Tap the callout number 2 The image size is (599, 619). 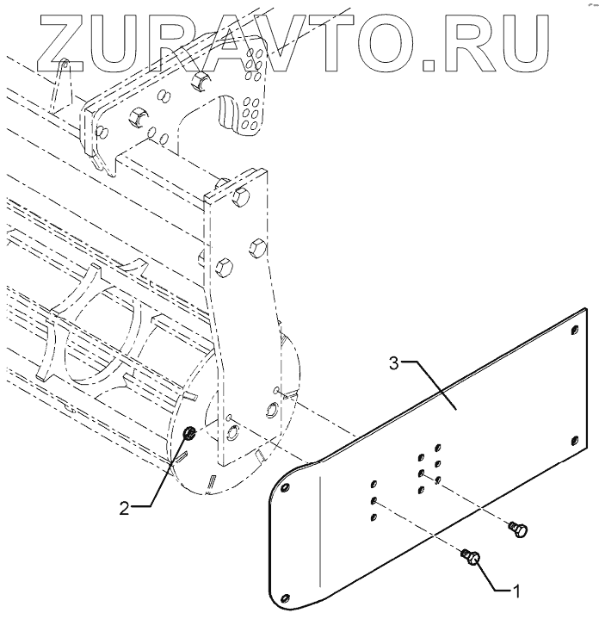coord(126,507)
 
